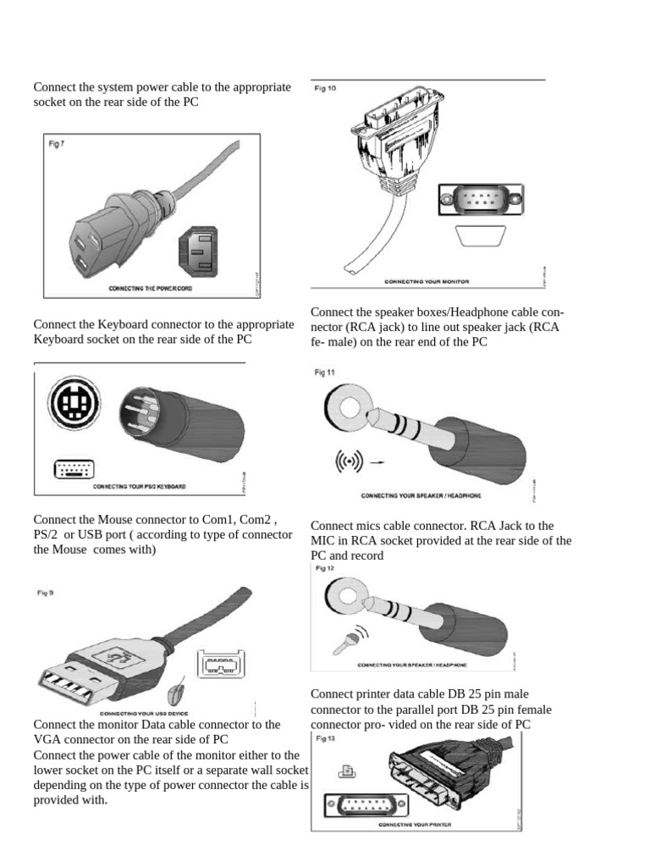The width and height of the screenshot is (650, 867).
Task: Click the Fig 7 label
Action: tap(57, 144)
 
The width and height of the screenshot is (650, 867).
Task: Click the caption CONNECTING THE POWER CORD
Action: tap(151, 289)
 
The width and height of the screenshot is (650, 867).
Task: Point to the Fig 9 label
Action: tap(45, 594)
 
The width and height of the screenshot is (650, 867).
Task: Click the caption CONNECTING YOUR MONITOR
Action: tap(427, 280)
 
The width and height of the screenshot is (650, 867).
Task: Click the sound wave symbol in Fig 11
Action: tap(349, 462)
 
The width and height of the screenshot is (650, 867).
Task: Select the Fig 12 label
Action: tap(325, 569)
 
